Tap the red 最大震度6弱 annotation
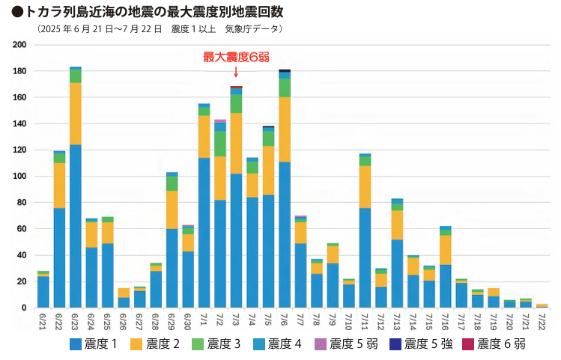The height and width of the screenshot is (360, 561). (x=236, y=57)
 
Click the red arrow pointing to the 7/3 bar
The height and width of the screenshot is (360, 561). (x=236, y=72)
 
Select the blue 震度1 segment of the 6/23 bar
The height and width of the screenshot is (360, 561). (x=76, y=225)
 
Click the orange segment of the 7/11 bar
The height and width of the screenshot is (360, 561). (x=365, y=186)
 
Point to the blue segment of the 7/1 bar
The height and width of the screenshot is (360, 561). (x=204, y=232)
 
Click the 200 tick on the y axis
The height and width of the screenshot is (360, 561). (x=20, y=45)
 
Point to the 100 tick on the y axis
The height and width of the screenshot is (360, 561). (x=20, y=177)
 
